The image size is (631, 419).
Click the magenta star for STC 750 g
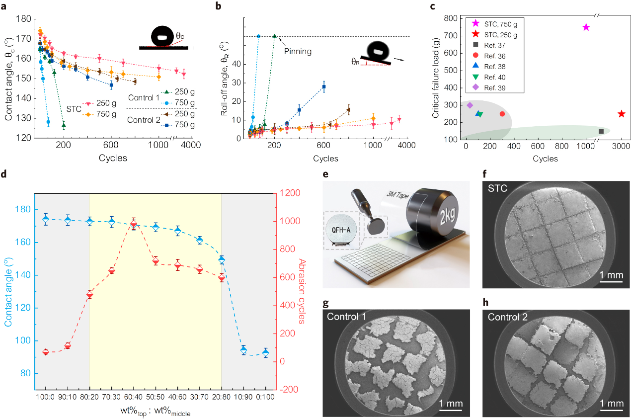[586, 28]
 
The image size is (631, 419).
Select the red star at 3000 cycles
[621, 114]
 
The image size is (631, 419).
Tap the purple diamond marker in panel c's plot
[470, 105]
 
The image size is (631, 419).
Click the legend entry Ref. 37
[492, 47]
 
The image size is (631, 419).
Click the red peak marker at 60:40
[134, 225]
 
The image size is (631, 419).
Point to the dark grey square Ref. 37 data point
[601, 131]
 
